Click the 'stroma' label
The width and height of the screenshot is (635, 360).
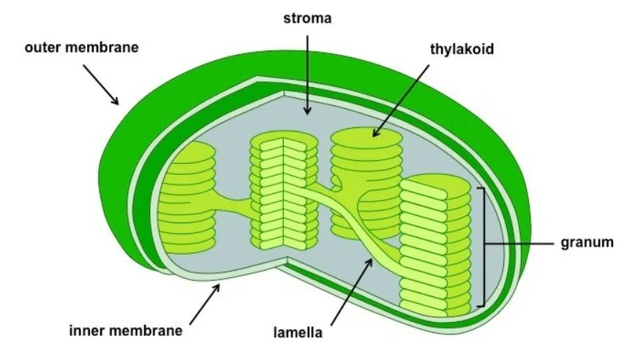307,18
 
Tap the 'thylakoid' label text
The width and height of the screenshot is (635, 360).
462,49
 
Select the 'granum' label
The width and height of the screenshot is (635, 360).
587,243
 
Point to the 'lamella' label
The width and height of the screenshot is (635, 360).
298,333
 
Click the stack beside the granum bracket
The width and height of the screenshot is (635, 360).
435,245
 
